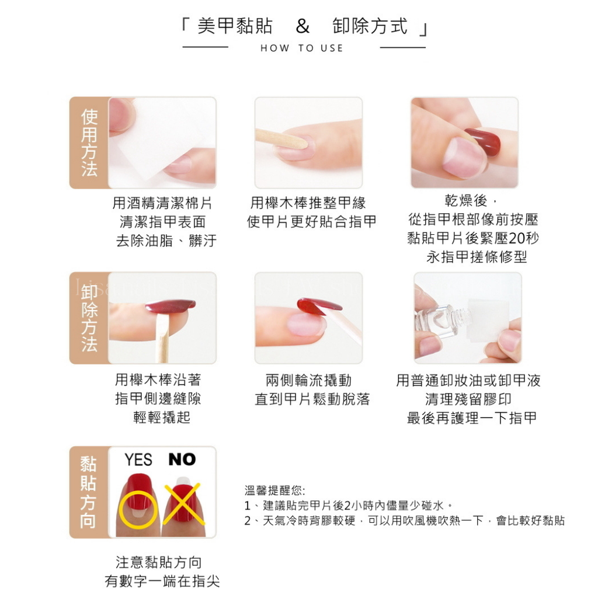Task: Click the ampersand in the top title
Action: point(303,26)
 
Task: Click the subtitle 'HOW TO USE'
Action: point(302,48)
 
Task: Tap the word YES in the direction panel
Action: point(138,460)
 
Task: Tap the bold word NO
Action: point(182,459)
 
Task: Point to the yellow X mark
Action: point(183,503)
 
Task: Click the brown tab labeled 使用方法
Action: point(89,142)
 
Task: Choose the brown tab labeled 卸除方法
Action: point(89,318)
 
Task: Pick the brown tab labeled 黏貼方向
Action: point(89,492)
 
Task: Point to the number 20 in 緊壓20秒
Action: point(517,238)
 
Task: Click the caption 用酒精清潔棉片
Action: point(162,203)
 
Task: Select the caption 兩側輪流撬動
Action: point(308,380)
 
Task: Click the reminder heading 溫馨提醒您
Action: point(274,490)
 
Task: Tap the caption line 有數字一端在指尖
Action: point(162,581)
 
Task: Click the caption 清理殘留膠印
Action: point(468,399)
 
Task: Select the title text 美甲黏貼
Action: point(235,26)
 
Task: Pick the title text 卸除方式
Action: point(370,26)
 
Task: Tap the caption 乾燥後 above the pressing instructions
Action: point(466,200)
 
